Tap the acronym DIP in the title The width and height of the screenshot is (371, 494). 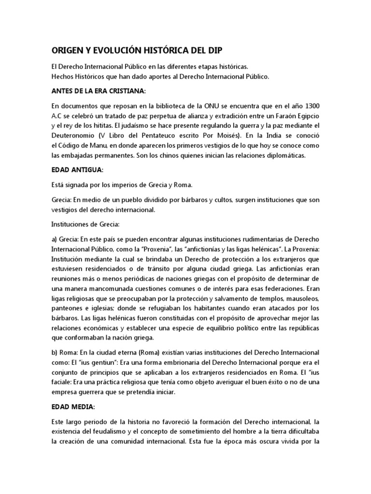pos(214,50)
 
